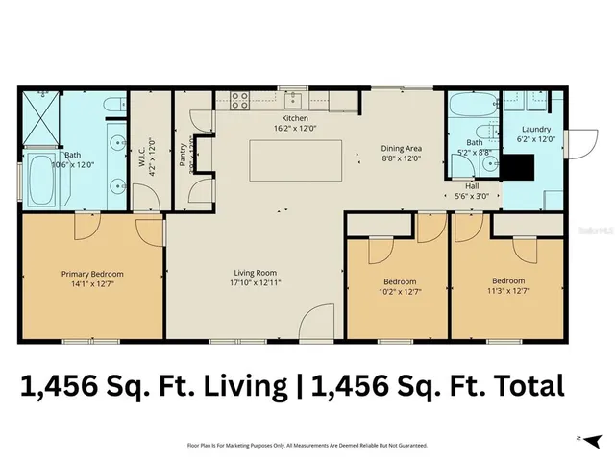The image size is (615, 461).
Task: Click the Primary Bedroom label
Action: point(92,274)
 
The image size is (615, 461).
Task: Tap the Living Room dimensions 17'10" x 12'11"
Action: point(255,283)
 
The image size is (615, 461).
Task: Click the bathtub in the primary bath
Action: point(40,177)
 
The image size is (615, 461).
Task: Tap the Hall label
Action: point(473,186)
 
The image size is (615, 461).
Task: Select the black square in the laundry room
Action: point(521,166)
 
